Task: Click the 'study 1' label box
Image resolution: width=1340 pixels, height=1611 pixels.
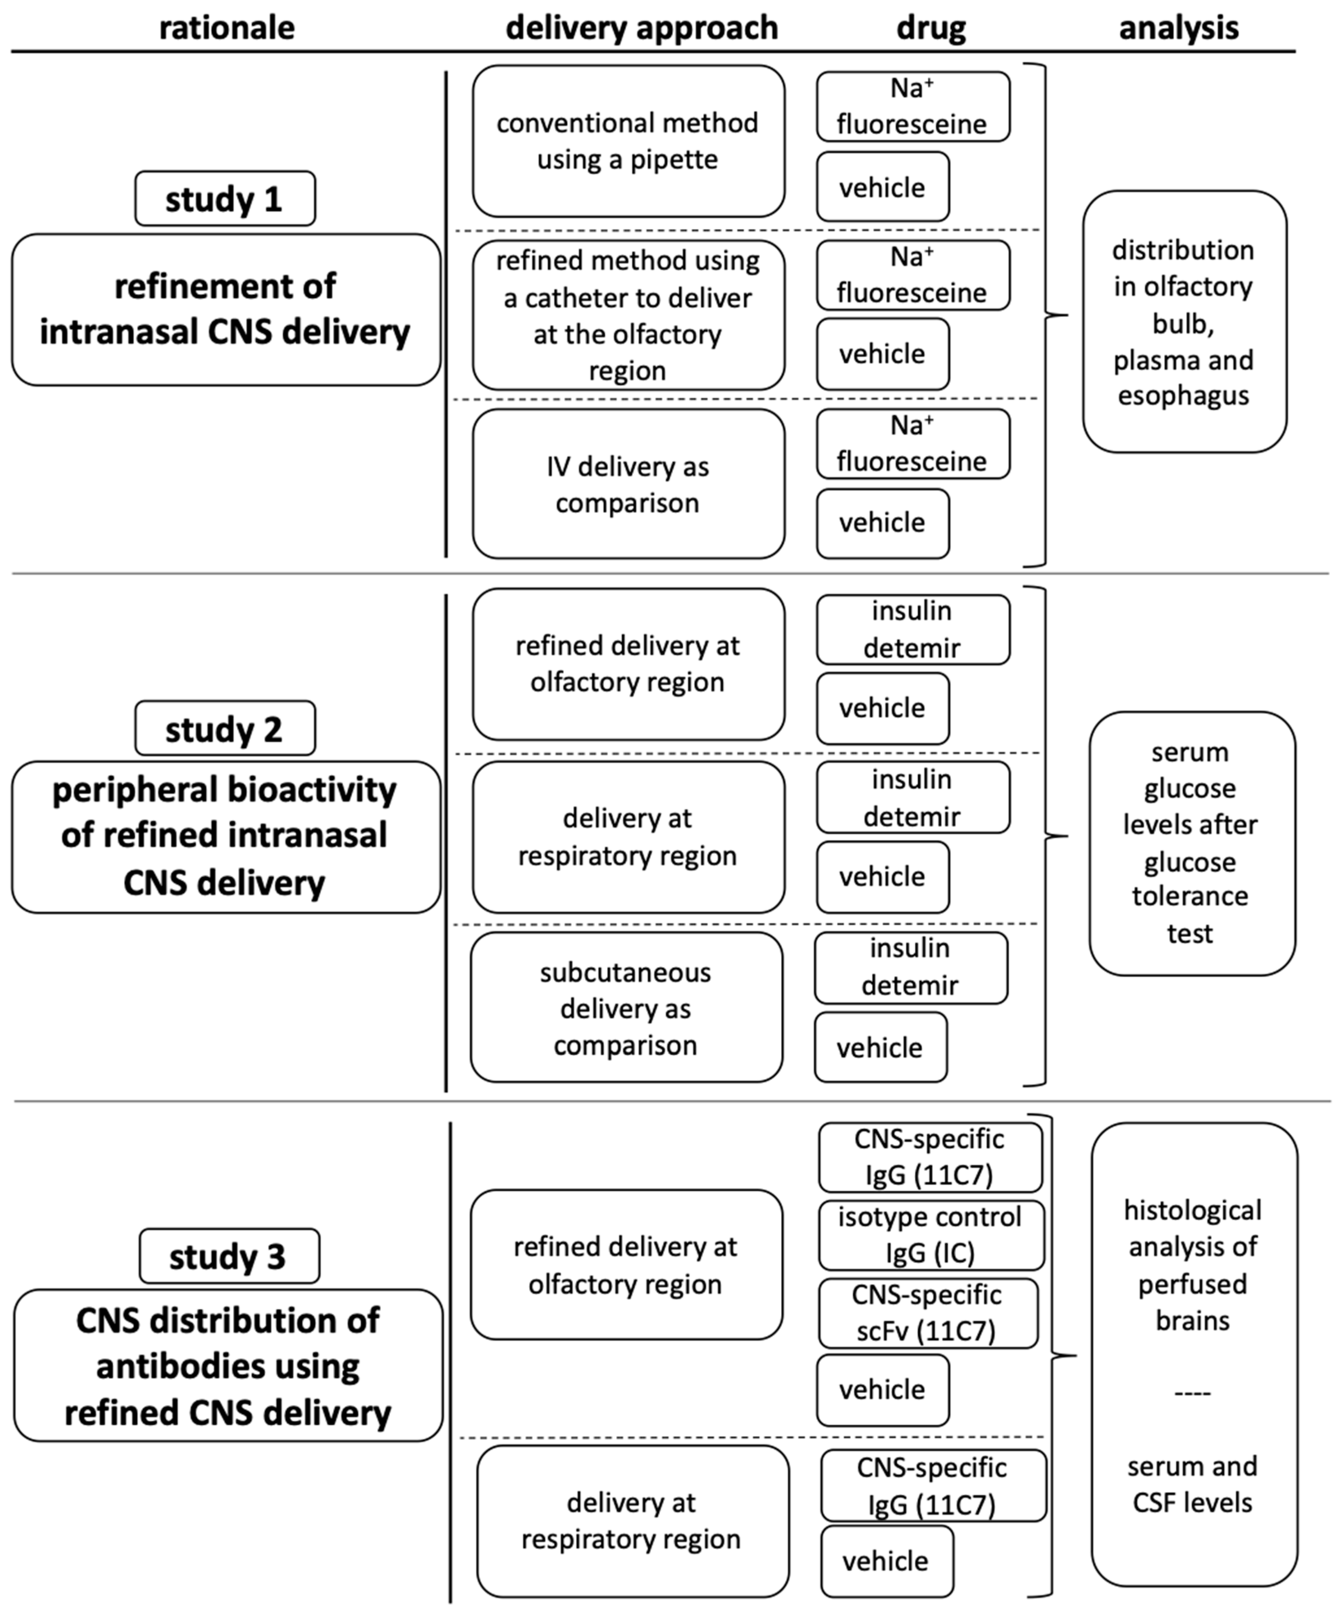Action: point(225,199)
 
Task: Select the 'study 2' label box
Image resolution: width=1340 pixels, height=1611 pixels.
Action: point(225,728)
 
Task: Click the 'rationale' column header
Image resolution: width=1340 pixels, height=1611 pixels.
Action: point(226,27)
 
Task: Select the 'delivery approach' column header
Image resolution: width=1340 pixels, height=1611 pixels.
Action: point(641,27)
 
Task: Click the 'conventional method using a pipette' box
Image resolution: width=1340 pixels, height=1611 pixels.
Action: point(628,141)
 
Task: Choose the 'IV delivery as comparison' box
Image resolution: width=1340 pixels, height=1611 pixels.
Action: point(628,484)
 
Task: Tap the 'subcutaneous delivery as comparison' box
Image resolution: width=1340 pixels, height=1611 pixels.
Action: point(626,1007)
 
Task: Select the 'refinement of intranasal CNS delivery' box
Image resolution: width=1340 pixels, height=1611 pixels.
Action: point(226,309)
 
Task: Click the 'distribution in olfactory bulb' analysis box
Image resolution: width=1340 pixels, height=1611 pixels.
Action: point(1183,322)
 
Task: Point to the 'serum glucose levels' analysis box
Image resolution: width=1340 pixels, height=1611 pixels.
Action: point(1191,843)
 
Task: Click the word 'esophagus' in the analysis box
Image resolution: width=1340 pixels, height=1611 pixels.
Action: point(1183,396)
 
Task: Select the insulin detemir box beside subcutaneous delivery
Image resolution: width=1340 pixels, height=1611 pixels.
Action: point(910,968)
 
